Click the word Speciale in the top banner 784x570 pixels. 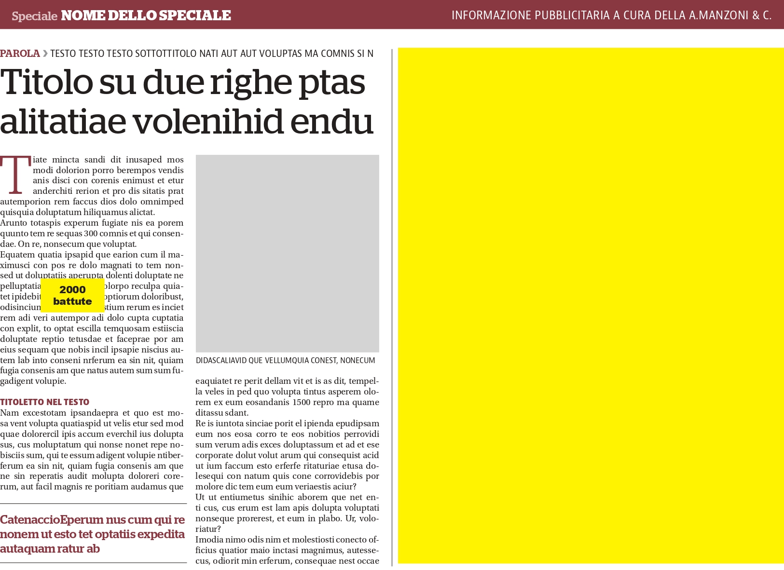tap(34, 16)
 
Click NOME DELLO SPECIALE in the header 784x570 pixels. tap(146, 15)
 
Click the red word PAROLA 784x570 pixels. tap(20, 54)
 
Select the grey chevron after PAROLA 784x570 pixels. tap(45, 54)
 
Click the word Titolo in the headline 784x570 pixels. tap(47, 82)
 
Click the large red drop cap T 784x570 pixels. tap(15, 175)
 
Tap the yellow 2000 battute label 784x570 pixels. tap(72, 295)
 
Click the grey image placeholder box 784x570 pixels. tap(287, 253)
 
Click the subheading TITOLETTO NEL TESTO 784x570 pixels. tap(44, 402)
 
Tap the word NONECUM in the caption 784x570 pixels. tap(358, 361)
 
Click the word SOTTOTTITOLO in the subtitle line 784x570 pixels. tap(166, 54)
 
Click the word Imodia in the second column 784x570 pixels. tap(209, 540)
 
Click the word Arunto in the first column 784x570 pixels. tap(14, 223)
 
